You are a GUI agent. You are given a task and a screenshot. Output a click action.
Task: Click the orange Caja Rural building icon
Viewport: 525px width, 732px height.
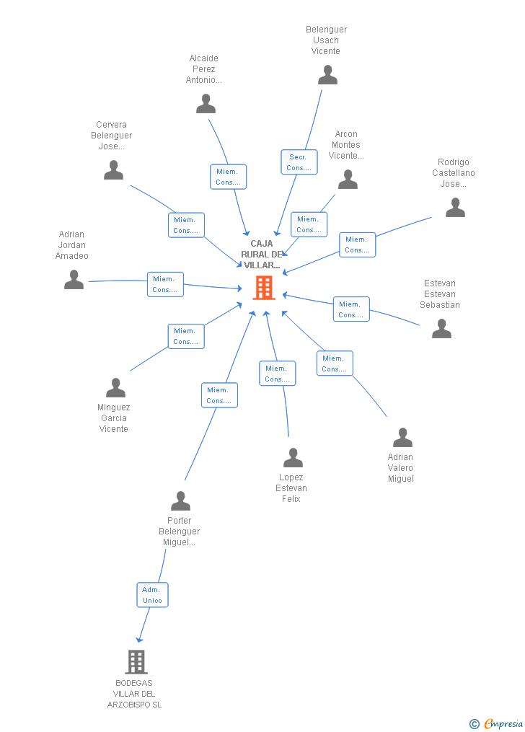(x=264, y=288)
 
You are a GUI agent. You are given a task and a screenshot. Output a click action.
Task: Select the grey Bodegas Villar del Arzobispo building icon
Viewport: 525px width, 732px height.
(x=136, y=661)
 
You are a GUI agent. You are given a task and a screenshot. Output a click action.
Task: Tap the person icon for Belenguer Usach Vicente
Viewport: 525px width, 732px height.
(x=327, y=75)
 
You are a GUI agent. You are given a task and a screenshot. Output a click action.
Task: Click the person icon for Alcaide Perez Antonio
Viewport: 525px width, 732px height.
(x=206, y=104)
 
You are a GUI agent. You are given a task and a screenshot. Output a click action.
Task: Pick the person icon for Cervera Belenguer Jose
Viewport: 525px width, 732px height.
(x=113, y=170)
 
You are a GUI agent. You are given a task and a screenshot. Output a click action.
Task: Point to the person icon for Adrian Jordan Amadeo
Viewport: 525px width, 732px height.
(x=74, y=280)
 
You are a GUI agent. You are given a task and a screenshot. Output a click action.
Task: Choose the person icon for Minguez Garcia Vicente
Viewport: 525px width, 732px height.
(x=115, y=388)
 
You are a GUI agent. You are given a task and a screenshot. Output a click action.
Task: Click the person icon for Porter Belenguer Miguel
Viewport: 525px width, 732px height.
(x=180, y=501)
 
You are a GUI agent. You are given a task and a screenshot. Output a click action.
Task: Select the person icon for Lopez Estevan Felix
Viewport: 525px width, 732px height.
(x=293, y=458)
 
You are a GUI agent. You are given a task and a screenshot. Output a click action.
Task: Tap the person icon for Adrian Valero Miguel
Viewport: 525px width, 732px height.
(x=402, y=438)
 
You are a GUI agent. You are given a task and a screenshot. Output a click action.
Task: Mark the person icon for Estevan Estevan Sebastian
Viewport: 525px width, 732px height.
(x=441, y=329)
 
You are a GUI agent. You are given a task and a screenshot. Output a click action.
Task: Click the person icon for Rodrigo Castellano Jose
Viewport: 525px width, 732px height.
(x=455, y=208)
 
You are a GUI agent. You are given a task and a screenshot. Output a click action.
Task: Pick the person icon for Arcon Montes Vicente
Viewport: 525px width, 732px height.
(x=348, y=180)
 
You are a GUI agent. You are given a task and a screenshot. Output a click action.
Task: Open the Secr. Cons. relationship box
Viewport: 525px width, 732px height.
(x=299, y=162)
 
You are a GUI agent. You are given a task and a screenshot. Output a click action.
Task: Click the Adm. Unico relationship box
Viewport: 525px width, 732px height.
(x=152, y=595)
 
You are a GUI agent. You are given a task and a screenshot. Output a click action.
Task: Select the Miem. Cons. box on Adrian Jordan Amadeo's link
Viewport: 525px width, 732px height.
(x=165, y=284)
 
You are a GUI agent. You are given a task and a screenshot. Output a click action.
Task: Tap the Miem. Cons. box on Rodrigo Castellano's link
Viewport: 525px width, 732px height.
(x=357, y=244)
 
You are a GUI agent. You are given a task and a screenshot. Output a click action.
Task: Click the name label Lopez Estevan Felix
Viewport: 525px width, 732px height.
(x=291, y=488)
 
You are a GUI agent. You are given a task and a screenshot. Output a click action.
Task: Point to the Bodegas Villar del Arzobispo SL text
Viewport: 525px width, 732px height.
(x=134, y=694)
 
